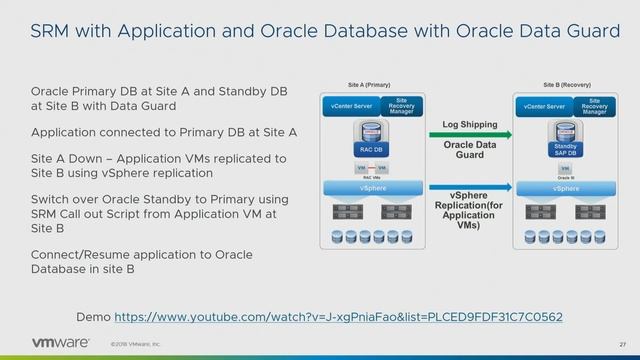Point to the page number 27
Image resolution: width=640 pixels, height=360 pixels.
pos(621,345)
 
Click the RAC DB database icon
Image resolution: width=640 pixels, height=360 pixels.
pos(368,140)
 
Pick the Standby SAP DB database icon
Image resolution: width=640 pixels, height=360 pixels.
pos(565,140)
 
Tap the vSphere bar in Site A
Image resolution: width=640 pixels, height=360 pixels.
pos(368,187)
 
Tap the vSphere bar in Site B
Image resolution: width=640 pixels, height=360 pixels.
pos(567,187)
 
